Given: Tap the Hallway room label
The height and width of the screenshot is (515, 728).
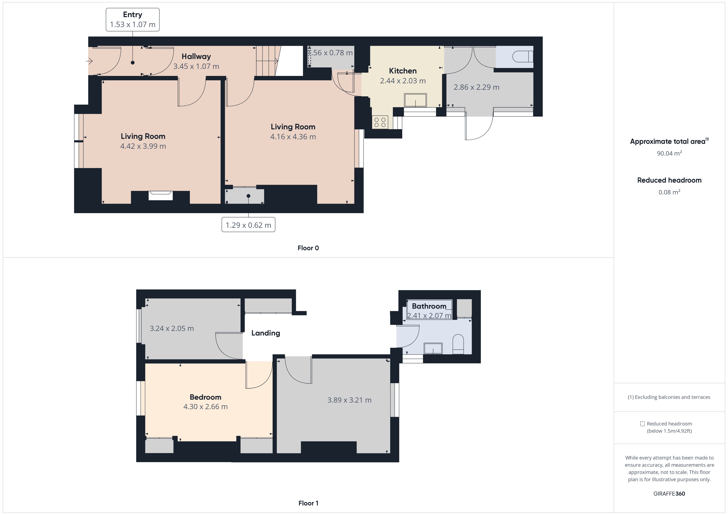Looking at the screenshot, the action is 196,57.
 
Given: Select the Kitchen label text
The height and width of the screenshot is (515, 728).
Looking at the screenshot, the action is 403,71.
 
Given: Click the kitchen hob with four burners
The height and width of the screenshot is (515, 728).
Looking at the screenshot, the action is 380,122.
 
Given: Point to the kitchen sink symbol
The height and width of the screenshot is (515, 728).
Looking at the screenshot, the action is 415,100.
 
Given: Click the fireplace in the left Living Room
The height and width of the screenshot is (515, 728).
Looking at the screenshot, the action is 161,195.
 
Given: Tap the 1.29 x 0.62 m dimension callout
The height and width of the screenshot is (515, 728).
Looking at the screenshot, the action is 248,225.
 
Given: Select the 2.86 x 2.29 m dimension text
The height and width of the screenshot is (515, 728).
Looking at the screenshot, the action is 476,87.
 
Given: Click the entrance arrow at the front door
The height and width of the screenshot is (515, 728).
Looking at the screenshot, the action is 89,61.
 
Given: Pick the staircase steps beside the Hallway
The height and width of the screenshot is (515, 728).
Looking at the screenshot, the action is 267,61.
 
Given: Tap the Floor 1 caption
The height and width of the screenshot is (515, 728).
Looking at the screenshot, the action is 308,503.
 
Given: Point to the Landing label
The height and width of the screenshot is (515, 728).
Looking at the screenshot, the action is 266,333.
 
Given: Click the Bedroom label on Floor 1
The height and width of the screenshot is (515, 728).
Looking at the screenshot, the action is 206,397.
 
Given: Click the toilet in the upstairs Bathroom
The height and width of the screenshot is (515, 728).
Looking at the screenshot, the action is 458,344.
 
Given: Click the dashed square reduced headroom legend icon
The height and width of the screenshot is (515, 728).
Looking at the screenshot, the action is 642,424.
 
